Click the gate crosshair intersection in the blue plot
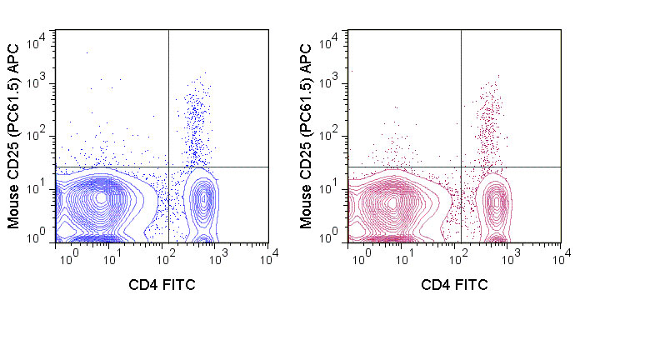[168, 167]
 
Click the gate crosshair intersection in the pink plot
[461, 167]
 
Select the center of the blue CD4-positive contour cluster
[202, 199]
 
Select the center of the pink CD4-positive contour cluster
[497, 201]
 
